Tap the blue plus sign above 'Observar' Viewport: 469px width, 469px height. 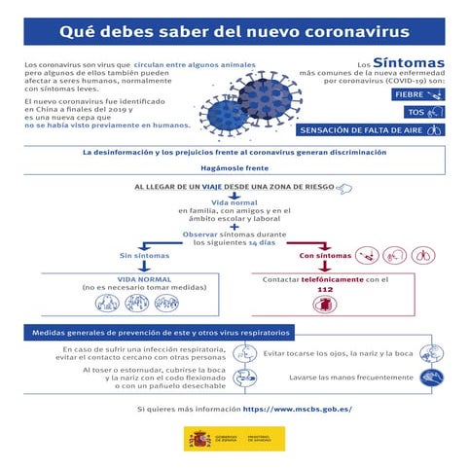(x=234, y=227)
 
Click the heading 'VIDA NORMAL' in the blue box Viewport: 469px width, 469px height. (x=136, y=279)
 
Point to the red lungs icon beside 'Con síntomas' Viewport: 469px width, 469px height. (x=422, y=255)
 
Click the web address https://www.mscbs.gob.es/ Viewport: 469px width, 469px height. (x=297, y=409)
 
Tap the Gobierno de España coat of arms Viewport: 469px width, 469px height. (x=199, y=439)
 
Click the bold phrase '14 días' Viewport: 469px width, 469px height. (x=261, y=242)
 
